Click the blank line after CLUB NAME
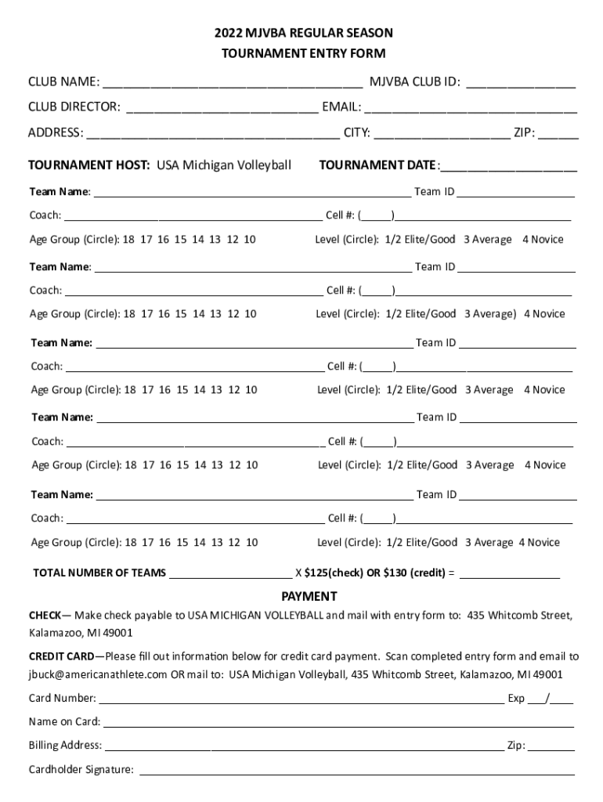point(232,83)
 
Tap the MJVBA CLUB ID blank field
point(521,83)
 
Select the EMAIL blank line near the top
point(471,108)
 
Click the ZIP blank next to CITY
point(558,134)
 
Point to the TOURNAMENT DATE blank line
point(510,166)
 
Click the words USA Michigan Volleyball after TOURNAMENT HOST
point(224,165)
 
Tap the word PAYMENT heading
point(309,597)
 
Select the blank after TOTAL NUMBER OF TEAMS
point(230,573)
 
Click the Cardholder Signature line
point(356,771)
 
